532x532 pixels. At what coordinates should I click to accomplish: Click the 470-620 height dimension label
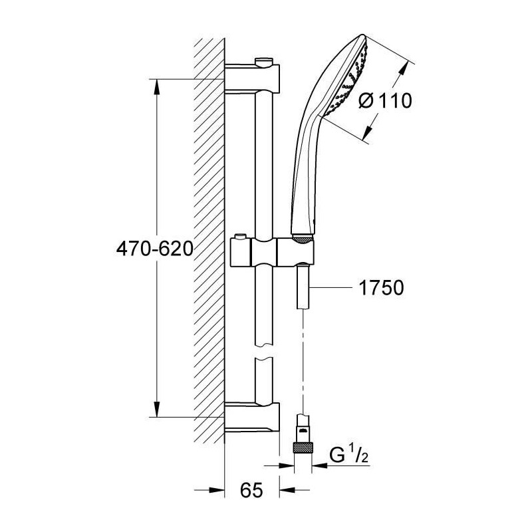click(x=155, y=249)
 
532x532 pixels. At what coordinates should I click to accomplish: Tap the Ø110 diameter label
click(x=385, y=100)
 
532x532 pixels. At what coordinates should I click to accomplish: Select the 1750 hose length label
click(x=381, y=288)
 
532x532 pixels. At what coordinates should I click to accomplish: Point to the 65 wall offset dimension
click(x=251, y=490)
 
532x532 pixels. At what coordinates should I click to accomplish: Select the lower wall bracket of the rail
click(x=252, y=418)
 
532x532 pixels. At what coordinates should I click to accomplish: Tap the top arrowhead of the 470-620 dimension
click(x=156, y=88)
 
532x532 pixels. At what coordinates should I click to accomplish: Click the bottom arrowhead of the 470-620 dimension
click(x=156, y=408)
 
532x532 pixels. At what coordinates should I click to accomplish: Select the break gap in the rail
click(x=263, y=352)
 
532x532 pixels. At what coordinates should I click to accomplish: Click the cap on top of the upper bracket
click(x=263, y=61)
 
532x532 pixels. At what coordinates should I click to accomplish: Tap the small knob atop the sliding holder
click(x=241, y=236)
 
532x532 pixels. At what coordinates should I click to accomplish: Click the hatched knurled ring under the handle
click(x=302, y=239)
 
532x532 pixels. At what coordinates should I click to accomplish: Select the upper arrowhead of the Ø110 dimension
click(x=404, y=72)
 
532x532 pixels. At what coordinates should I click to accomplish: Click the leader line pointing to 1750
click(x=330, y=288)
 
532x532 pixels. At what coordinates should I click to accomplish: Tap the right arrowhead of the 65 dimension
click(x=287, y=490)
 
